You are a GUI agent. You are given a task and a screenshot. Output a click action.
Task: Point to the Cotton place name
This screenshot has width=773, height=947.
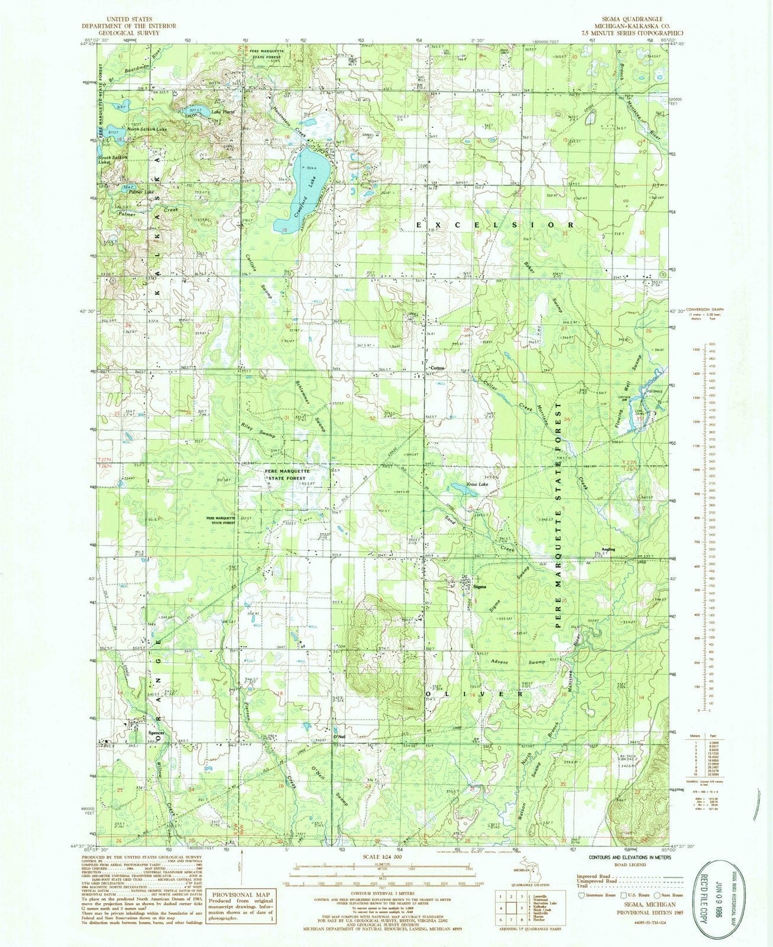click(438, 368)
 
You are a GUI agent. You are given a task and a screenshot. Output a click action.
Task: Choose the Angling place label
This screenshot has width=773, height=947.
click(609, 549)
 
